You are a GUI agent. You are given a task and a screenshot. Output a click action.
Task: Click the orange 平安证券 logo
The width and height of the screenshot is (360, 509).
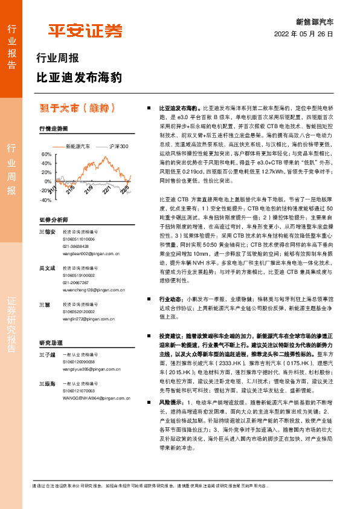pyautogui.click(x=85, y=31)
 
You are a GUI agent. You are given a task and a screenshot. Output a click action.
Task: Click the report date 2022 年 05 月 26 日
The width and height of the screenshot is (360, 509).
pyautogui.click(x=304, y=34)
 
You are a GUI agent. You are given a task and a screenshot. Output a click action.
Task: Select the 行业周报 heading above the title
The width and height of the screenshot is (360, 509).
pyautogui.click(x=58, y=59)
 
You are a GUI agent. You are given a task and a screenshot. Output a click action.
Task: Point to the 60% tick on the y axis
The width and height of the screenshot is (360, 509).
pyautogui.click(x=47, y=155)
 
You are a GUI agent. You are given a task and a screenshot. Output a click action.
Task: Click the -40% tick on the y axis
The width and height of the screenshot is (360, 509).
pyautogui.click(x=45, y=199)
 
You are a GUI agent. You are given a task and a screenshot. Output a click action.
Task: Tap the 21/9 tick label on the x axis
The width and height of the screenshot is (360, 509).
pyautogui.click(x=89, y=191)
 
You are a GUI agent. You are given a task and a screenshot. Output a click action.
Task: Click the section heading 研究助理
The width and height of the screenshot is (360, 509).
pyautogui.click(x=51, y=342)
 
